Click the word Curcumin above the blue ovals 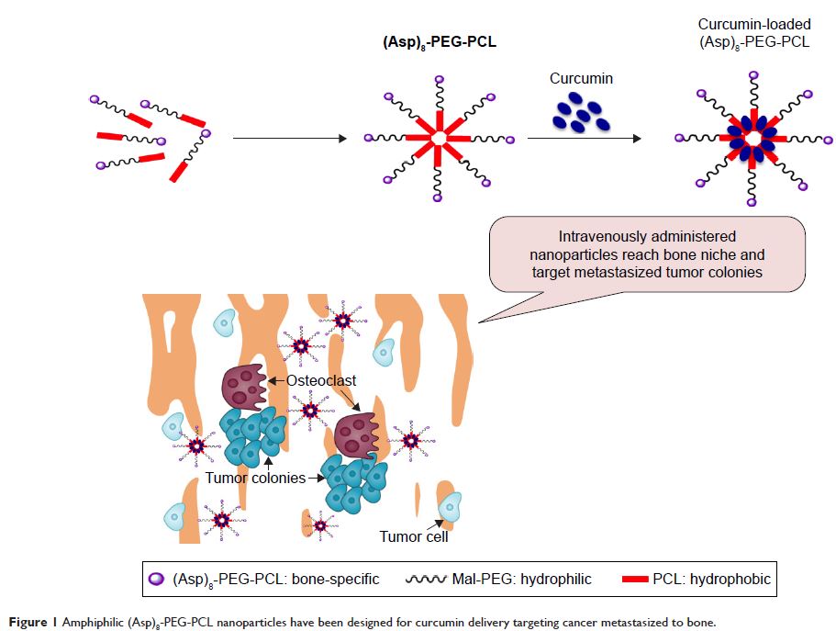pos(581,79)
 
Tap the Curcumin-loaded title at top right pos(754,25)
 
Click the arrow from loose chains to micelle pos(289,139)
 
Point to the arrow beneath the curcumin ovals pos(584,139)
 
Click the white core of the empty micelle pos(440,139)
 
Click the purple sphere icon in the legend pos(157,580)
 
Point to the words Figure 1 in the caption pos(37,622)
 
